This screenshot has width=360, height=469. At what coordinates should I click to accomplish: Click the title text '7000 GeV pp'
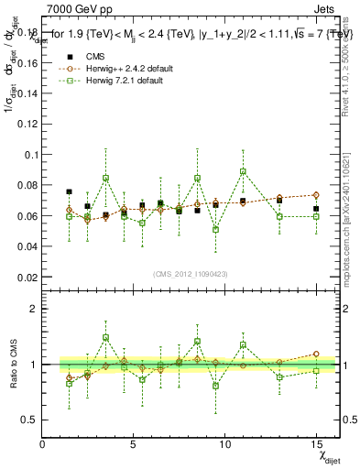(x=76, y=9)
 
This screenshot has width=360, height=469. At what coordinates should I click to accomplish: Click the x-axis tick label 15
(x=315, y=444)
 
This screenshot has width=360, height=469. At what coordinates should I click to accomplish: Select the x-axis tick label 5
(x=133, y=444)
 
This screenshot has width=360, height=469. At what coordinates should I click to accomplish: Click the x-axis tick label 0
(x=42, y=444)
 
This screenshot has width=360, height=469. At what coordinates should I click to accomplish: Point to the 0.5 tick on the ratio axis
(x=28, y=420)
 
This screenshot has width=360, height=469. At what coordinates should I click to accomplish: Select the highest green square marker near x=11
(x=243, y=171)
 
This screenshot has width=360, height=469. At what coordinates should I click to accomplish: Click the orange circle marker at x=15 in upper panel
(x=315, y=195)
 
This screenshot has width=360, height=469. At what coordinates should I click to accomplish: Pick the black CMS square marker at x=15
(x=315, y=209)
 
